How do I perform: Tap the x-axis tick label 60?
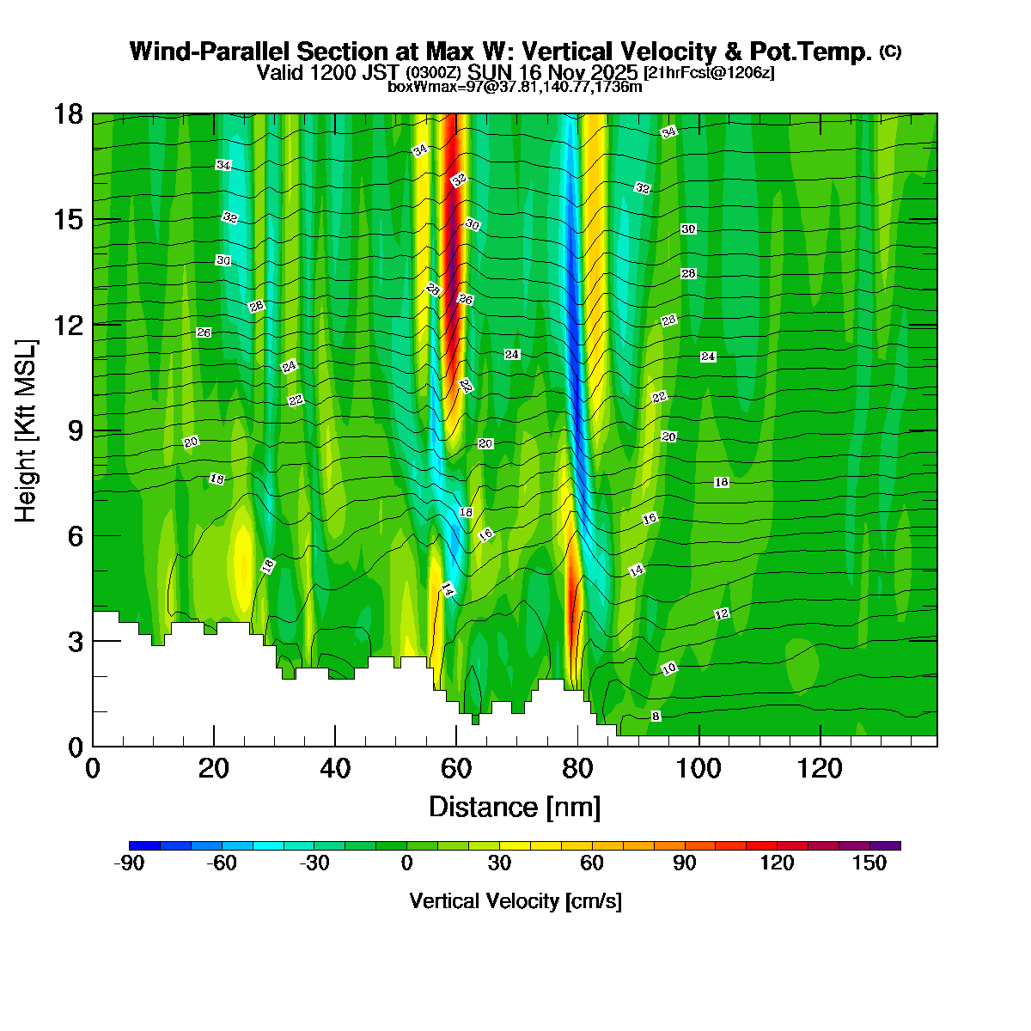tap(456, 768)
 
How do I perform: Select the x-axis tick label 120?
tap(821, 768)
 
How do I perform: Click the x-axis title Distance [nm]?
tap(515, 808)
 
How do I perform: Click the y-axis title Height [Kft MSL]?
tap(27, 430)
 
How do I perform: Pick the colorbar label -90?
tap(129, 863)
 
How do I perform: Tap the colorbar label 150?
tap(869, 863)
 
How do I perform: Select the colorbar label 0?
tap(406, 863)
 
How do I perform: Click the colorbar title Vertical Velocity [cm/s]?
tap(515, 901)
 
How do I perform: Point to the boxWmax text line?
tap(515, 86)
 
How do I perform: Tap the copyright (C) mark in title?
tap(890, 52)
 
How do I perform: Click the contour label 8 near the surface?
tap(656, 716)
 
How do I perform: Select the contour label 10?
tap(669, 668)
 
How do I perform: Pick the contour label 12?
tap(722, 614)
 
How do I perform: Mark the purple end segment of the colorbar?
tap(885, 845)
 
